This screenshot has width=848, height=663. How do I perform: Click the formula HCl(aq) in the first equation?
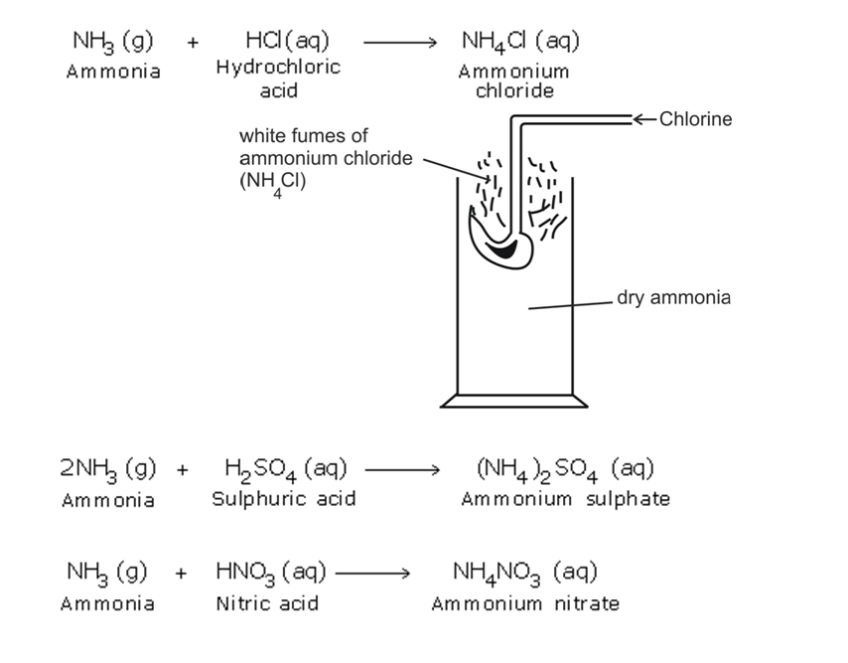pos(287,41)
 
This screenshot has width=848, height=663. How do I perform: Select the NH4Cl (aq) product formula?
pos(520,41)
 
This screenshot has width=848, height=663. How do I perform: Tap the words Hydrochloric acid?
pos(277,79)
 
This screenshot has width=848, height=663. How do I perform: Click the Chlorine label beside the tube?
pos(695,119)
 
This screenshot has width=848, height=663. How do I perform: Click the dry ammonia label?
pos(673,296)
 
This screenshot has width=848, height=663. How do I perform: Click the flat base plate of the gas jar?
pos(514,402)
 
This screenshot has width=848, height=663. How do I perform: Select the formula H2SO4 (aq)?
pos(284,467)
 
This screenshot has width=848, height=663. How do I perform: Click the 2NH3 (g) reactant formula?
pos(107,467)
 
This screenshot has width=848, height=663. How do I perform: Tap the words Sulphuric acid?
pos(283,499)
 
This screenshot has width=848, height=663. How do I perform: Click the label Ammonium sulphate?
pos(564,499)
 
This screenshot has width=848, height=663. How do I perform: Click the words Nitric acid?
pos(258,603)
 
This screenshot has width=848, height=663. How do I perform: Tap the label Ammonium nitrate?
pos(524,603)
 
